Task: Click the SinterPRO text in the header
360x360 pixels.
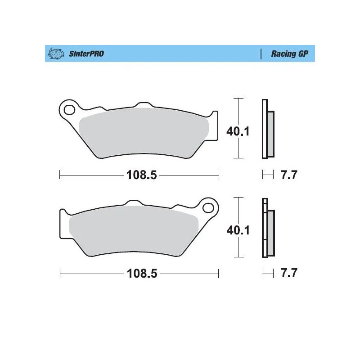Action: (x=86, y=54)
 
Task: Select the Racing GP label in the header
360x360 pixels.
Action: (x=289, y=54)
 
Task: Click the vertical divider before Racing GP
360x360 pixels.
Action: (x=261, y=54)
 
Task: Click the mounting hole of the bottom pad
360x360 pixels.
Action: (x=207, y=207)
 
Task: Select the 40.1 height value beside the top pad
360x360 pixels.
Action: (x=238, y=131)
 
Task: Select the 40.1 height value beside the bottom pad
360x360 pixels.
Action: (x=238, y=230)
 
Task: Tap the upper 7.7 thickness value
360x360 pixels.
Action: (x=288, y=175)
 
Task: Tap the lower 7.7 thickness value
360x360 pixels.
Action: (x=288, y=273)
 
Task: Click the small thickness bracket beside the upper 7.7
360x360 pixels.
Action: (x=268, y=175)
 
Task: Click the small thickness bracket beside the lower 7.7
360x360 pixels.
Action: (x=268, y=273)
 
